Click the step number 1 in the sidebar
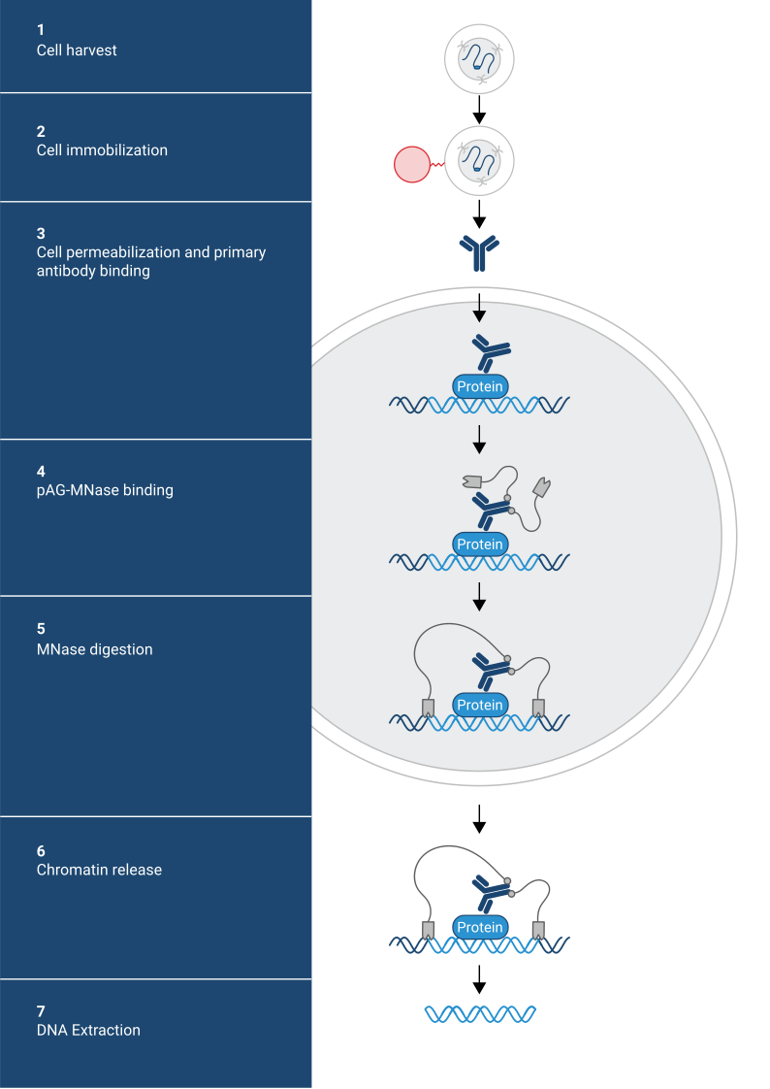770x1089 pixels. [x=41, y=30]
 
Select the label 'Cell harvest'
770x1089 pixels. [x=77, y=49]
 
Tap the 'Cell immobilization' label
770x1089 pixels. [x=102, y=150]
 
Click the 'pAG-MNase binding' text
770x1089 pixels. [x=105, y=490]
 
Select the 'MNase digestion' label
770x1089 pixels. [x=94, y=649]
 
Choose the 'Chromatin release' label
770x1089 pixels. [x=99, y=870]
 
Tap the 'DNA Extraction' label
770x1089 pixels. [x=88, y=1030]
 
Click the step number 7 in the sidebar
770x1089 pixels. [x=41, y=1010]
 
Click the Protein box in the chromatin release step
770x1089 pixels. [x=480, y=927]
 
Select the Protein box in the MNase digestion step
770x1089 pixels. [x=480, y=705]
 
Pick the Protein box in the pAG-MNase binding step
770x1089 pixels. [x=480, y=544]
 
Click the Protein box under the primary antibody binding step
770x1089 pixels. [x=480, y=386]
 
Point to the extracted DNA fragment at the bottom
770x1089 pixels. [x=480, y=1014]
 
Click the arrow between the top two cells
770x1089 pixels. [x=479, y=109]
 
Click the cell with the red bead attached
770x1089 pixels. [x=479, y=161]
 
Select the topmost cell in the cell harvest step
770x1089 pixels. [x=479, y=59]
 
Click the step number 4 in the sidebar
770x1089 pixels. [x=41, y=471]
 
